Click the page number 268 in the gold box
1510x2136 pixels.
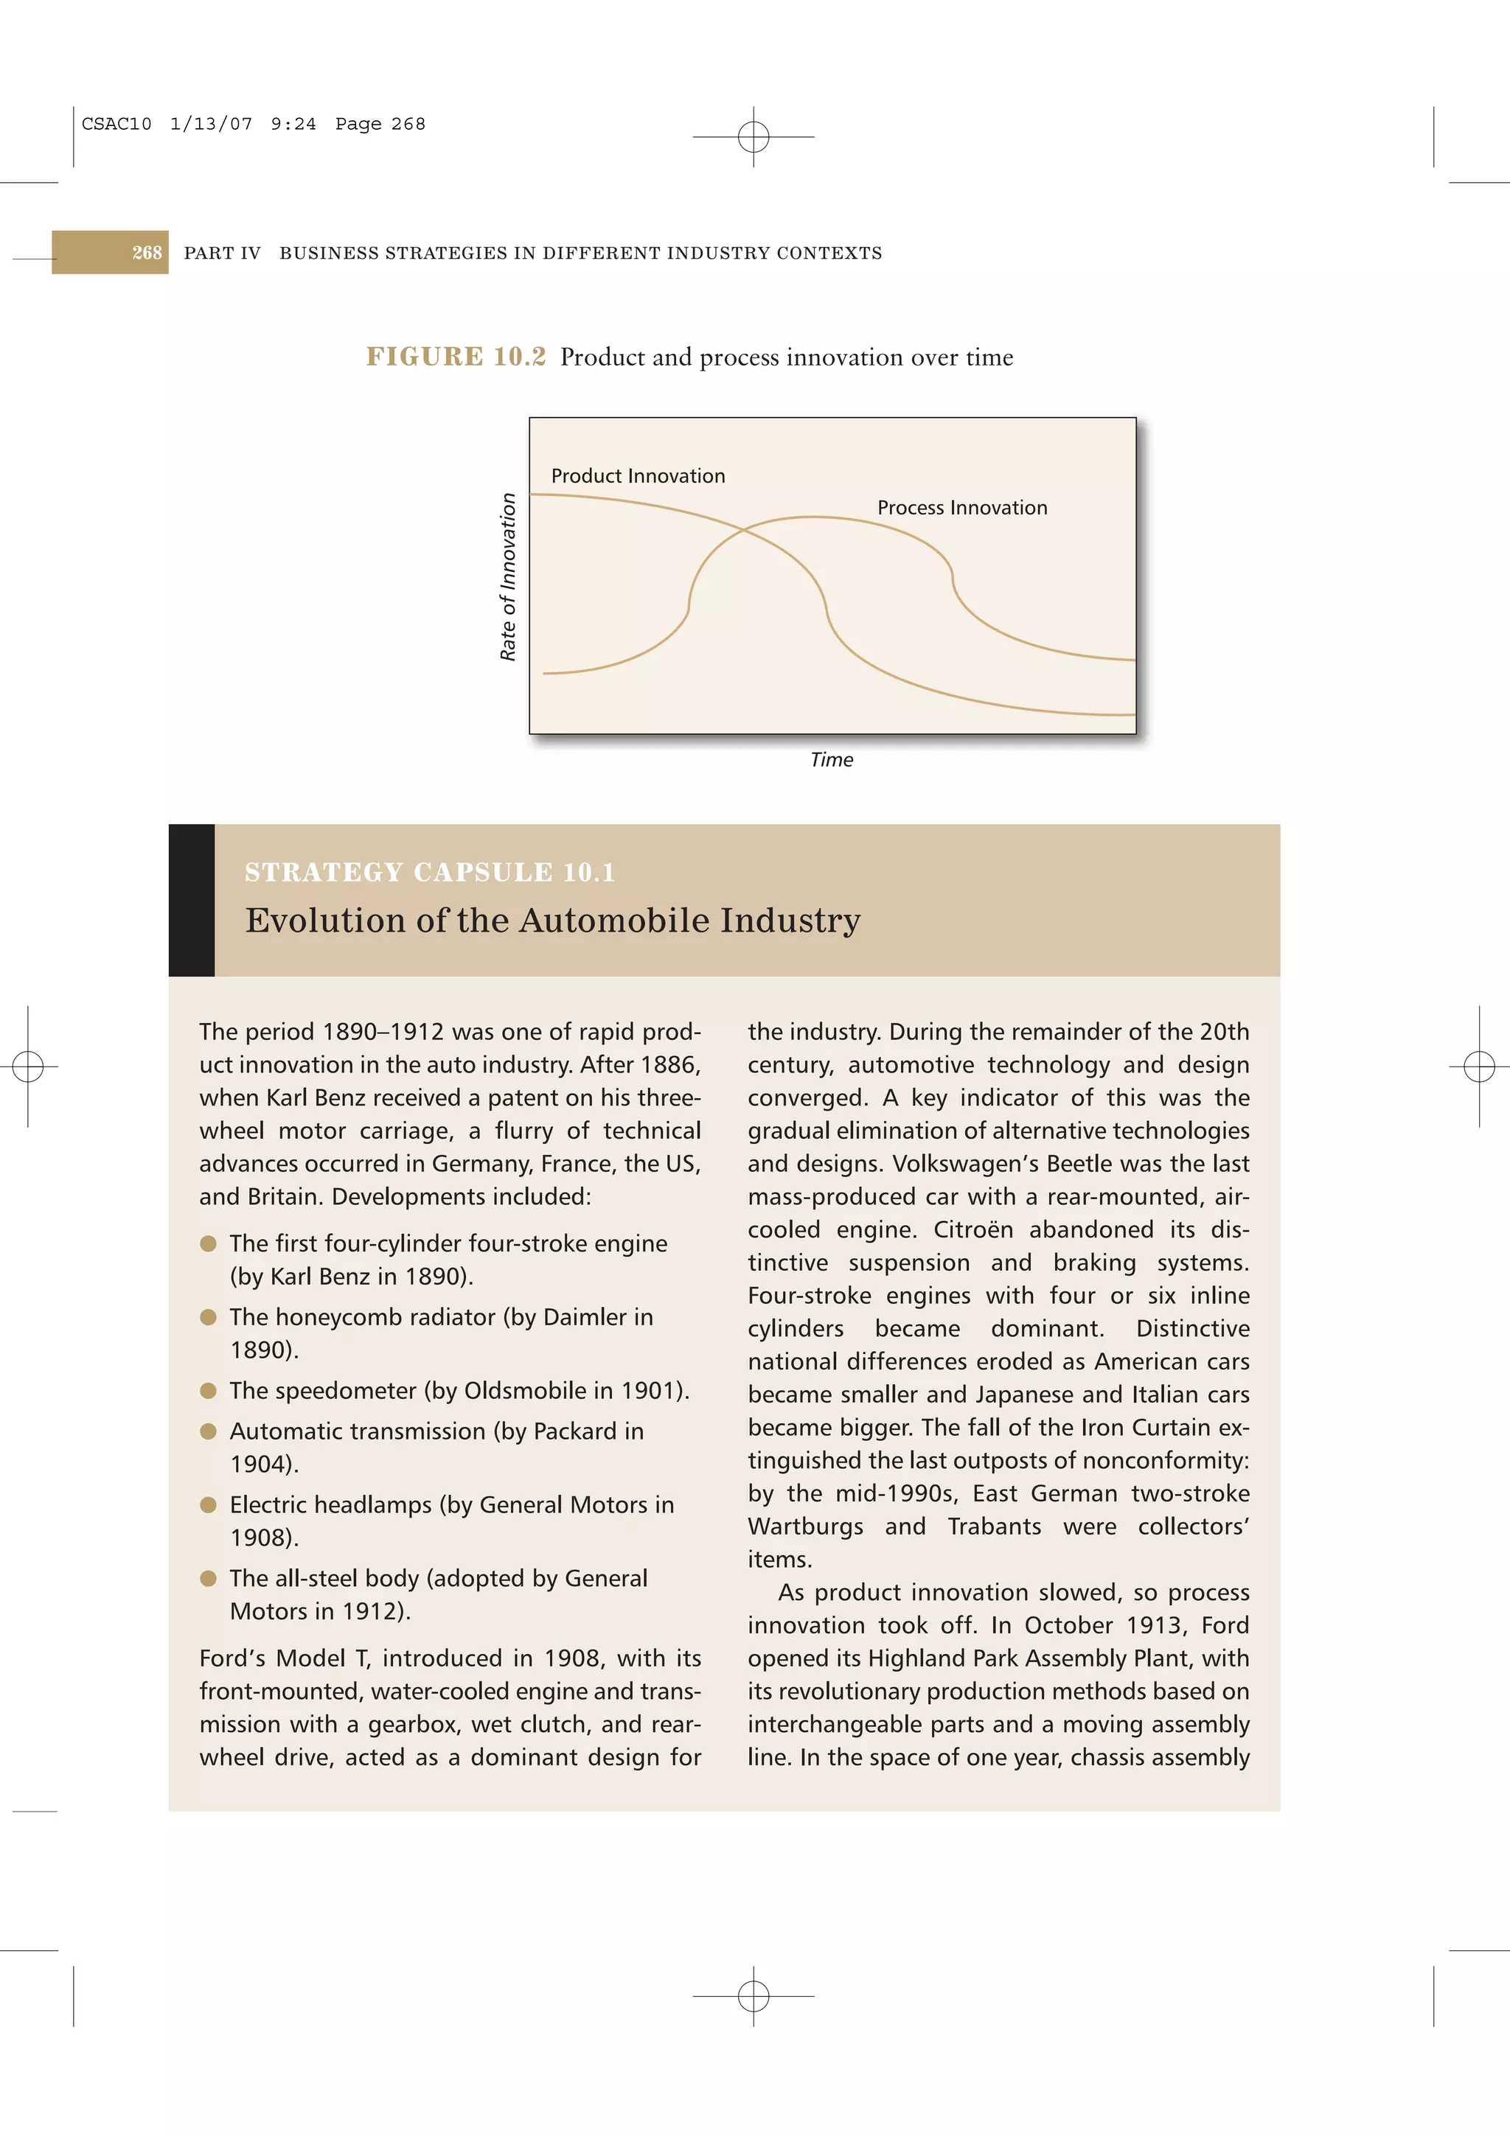pos(146,253)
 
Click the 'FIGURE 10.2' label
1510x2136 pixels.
pos(456,357)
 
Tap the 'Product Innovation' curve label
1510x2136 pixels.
pos(637,476)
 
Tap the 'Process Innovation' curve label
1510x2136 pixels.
pos(962,508)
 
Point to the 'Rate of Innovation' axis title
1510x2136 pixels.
pos(508,577)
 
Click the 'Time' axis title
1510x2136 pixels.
pos(831,760)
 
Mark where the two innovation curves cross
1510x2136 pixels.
pos(744,529)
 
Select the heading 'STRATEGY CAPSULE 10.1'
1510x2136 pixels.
pos(430,873)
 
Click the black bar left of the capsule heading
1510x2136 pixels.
pos(192,901)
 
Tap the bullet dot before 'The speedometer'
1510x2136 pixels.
pos(209,1391)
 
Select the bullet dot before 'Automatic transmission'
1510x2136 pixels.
pos(209,1432)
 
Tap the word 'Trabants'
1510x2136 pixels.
pos(994,1526)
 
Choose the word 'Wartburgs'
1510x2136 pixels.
pos(805,1526)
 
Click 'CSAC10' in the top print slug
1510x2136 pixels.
pos(116,125)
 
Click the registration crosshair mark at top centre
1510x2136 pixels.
pos(754,137)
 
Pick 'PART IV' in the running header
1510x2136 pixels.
pos(223,253)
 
